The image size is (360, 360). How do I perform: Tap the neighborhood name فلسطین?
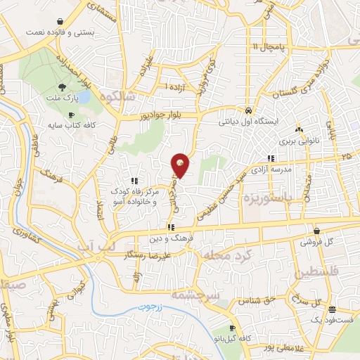(323, 271)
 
